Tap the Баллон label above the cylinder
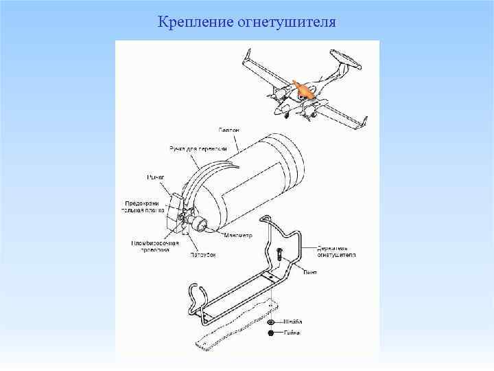click(229, 131)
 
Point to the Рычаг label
click(156, 177)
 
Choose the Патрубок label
click(202, 255)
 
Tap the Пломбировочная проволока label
click(155, 247)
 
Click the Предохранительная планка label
click(143, 206)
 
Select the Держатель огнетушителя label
click(336, 249)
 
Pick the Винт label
click(311, 273)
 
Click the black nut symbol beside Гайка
click(271, 333)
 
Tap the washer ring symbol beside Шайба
click(271, 322)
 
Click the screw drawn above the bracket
click(280, 254)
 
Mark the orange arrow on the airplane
click(300, 90)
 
